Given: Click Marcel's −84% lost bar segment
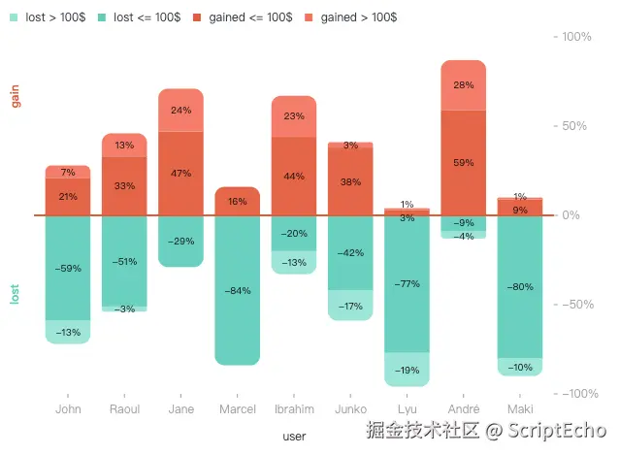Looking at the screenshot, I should pyautogui.click(x=238, y=290).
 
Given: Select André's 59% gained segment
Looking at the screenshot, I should pyautogui.click(x=463, y=162).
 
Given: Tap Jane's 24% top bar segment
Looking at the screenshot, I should pyautogui.click(x=181, y=110).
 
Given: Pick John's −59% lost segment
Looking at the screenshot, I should pyautogui.click(x=68, y=268).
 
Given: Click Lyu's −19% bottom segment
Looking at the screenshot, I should pyautogui.click(x=407, y=370).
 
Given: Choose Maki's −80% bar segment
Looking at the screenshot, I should pyautogui.click(x=519, y=286).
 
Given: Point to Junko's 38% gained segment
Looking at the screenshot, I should pyautogui.click(x=350, y=181).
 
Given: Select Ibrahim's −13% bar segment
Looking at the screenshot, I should pyautogui.click(x=294, y=262).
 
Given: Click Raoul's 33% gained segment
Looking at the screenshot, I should pyautogui.click(x=124, y=185).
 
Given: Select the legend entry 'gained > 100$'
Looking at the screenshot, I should pyautogui.click(x=345, y=17).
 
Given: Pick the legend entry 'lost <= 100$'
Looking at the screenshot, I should pyautogui.click(x=146, y=17).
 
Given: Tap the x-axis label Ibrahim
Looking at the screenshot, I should pyautogui.click(x=294, y=409).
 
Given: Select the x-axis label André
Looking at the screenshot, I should pyautogui.click(x=463, y=409).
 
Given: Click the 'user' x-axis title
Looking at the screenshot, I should pyautogui.click(x=294, y=437).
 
